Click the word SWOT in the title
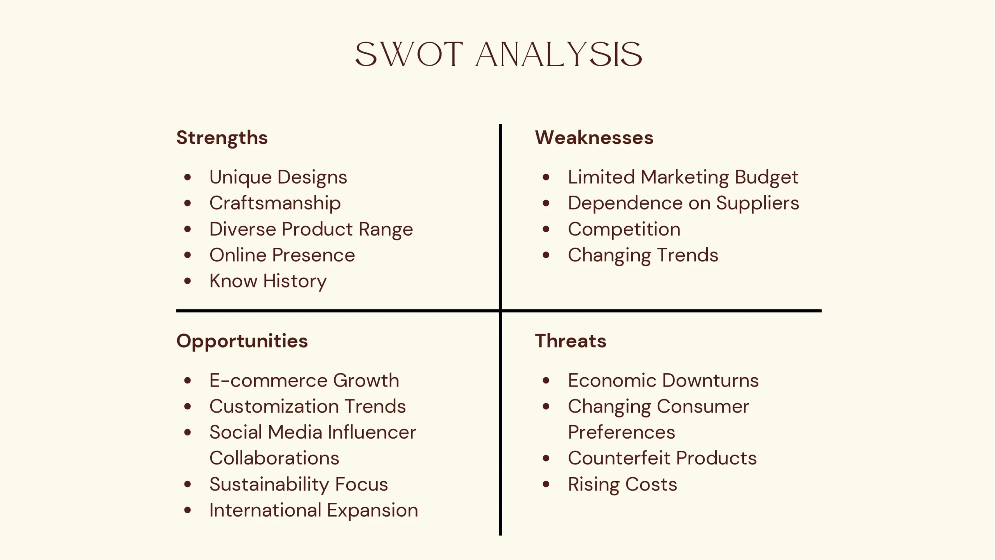[409, 54]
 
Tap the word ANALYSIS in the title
[559, 54]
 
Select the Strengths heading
[222, 138]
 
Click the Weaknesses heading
[594, 138]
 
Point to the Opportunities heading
[242, 341]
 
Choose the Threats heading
[570, 341]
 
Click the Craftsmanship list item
[275, 203]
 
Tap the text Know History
[268, 281]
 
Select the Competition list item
[624, 229]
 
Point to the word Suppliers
[757, 203]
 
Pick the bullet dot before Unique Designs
[188, 177]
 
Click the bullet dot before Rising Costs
[546, 484]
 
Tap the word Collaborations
[274, 458]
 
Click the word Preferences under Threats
[621, 432]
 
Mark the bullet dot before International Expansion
[188, 510]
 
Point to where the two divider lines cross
[500, 311]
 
